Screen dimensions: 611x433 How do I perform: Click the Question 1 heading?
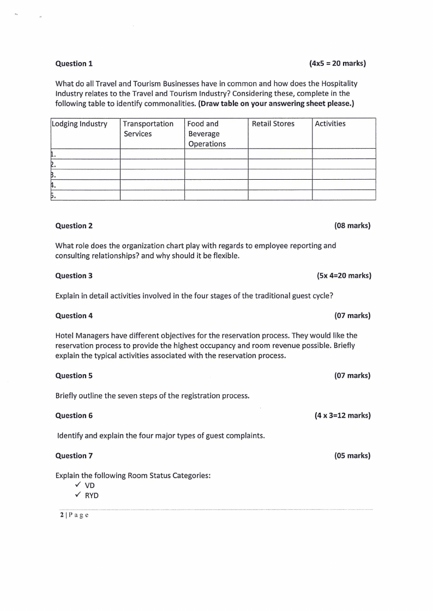click(x=74, y=64)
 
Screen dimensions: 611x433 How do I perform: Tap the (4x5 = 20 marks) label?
click(x=337, y=64)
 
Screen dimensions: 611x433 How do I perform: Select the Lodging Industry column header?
click(x=80, y=124)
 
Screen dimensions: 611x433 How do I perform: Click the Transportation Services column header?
click(x=148, y=129)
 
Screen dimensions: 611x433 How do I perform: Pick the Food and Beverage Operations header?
click(x=207, y=133)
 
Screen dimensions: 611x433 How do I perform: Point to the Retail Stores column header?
click(x=273, y=124)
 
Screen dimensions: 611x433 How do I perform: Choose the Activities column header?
click(x=330, y=124)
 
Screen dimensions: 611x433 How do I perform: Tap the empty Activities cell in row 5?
click(x=344, y=195)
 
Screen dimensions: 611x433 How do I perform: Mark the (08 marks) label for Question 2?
click(x=352, y=226)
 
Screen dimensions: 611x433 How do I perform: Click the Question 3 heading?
click(x=74, y=276)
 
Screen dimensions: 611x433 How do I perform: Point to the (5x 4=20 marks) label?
click(x=344, y=276)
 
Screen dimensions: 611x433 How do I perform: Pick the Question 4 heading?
click(x=74, y=316)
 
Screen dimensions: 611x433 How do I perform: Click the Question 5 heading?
click(x=74, y=376)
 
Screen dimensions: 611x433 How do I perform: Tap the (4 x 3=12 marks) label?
click(x=342, y=416)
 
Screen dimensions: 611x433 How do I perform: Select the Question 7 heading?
click(x=74, y=456)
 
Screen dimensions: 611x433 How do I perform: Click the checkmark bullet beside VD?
click(x=78, y=485)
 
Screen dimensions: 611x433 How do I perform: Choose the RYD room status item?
click(x=92, y=496)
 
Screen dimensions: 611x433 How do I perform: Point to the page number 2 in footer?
click(x=62, y=515)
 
